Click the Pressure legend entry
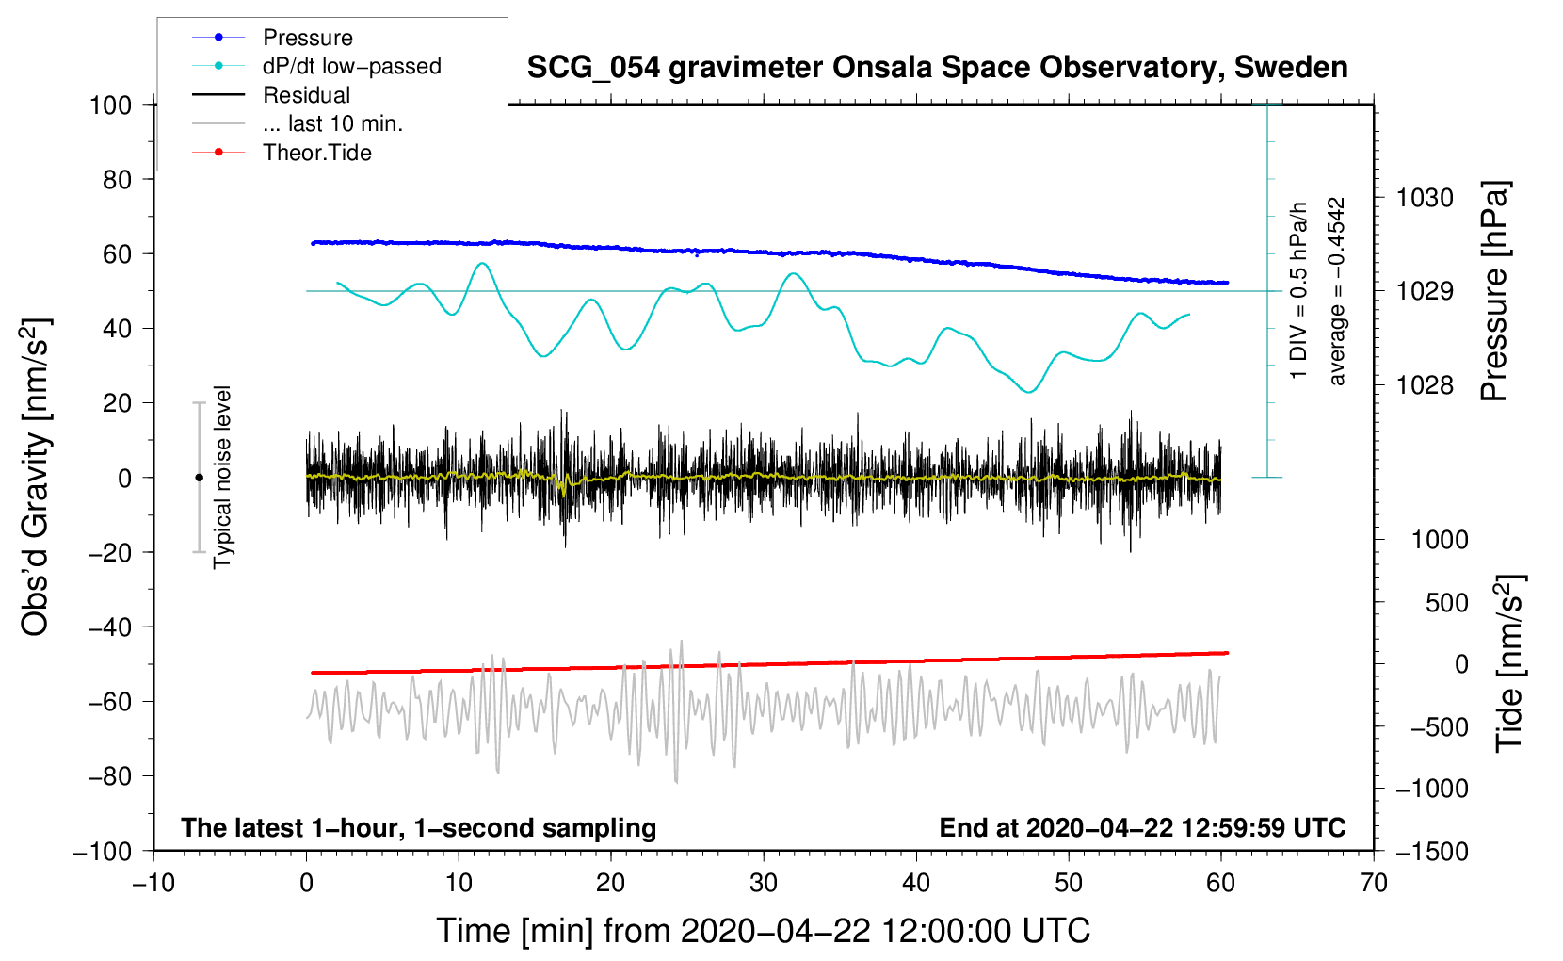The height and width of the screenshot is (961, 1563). (x=273, y=37)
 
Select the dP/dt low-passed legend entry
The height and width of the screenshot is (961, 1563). (x=316, y=66)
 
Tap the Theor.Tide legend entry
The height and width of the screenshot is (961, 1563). (x=282, y=153)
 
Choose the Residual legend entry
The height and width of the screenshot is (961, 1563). (x=271, y=95)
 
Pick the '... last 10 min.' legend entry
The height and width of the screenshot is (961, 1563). (x=298, y=123)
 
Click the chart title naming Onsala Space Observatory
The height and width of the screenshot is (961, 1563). (x=937, y=68)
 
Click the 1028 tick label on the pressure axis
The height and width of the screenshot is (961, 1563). (x=1425, y=384)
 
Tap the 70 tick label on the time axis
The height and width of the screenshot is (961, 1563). (x=1373, y=883)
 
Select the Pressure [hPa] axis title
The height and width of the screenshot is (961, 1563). (x=1494, y=291)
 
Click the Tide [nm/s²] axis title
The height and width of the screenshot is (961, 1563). (x=1510, y=663)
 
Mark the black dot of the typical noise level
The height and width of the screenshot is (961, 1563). (x=199, y=478)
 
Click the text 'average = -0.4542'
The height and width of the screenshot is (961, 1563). (x=1335, y=291)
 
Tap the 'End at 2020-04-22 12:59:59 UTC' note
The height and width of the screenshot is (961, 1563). (x=1142, y=827)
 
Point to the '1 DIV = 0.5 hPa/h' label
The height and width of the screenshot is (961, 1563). (x=1297, y=291)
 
